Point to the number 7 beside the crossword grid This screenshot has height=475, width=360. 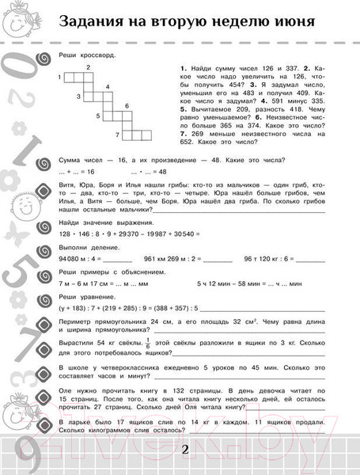coord(116,135)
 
